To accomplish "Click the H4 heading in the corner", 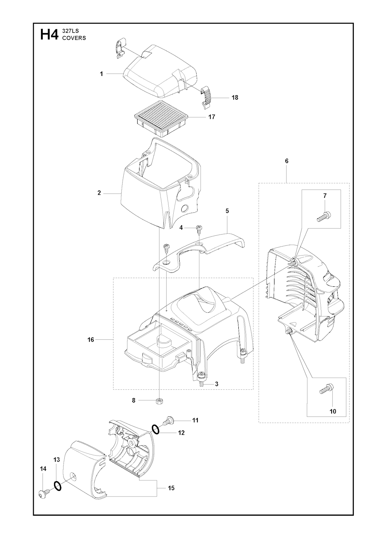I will click(49, 35).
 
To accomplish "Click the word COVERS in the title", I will click(74, 38).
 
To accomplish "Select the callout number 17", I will click(212, 117).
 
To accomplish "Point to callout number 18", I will click(235, 98).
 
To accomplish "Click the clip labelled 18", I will click(206, 97).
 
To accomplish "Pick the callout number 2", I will click(99, 193).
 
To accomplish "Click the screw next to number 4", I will click(199, 228).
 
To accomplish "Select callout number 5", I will click(227, 211).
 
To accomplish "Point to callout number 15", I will click(171, 488).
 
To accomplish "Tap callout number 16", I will click(91, 340).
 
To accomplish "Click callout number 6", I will click(286, 161).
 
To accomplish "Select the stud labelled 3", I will click(201, 383).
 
